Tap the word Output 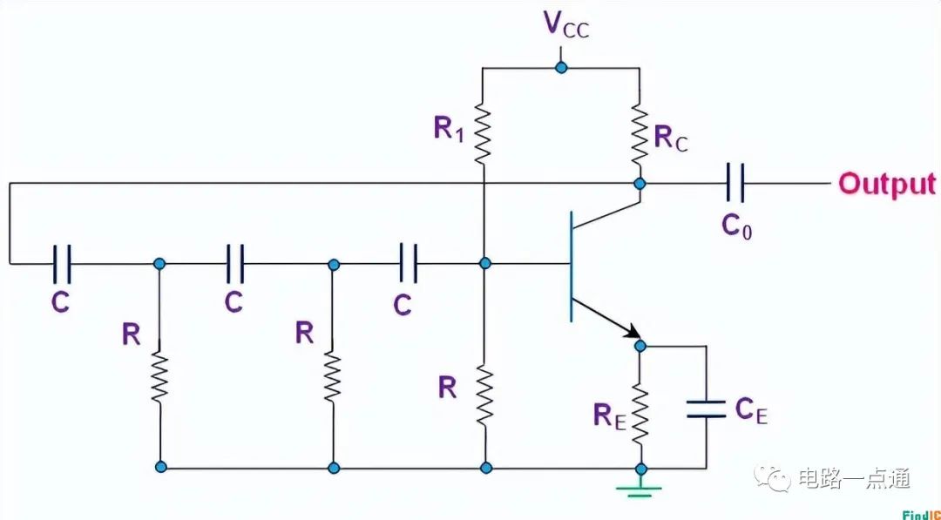click(886, 185)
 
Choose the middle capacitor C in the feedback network click(234, 263)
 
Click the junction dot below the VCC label click(561, 67)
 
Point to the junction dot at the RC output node click(640, 184)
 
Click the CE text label click(751, 409)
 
